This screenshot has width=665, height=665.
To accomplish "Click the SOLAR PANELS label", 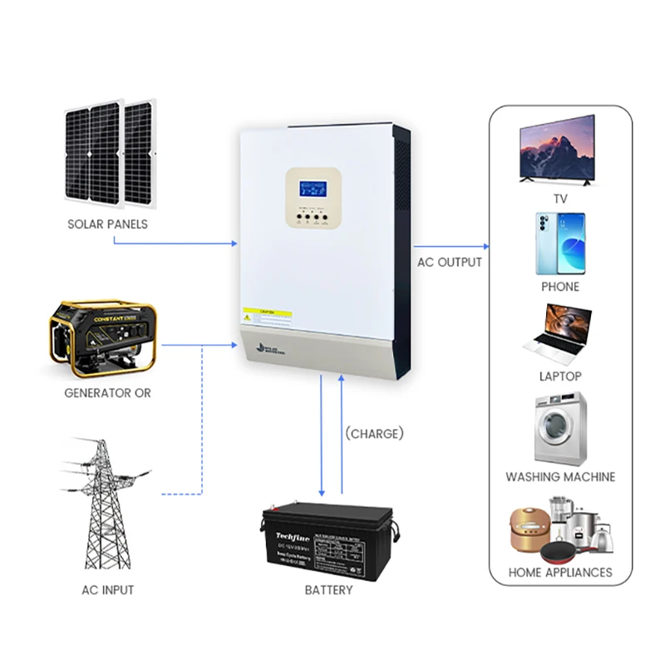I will click(x=108, y=224).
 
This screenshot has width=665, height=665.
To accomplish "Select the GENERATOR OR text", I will click(x=108, y=392).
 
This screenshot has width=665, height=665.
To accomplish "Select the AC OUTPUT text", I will click(x=450, y=262).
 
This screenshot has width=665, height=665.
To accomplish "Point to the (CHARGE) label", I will click(x=374, y=433).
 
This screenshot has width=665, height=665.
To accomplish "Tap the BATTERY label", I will click(x=329, y=590).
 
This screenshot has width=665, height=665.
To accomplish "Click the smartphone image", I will click(x=559, y=244).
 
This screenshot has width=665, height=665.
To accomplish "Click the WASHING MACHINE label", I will click(x=560, y=477).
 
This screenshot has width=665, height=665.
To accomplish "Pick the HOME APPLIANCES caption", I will click(x=560, y=572).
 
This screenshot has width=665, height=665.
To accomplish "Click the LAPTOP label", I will click(x=560, y=377).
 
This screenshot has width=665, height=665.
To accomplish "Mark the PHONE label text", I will click(x=560, y=286).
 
